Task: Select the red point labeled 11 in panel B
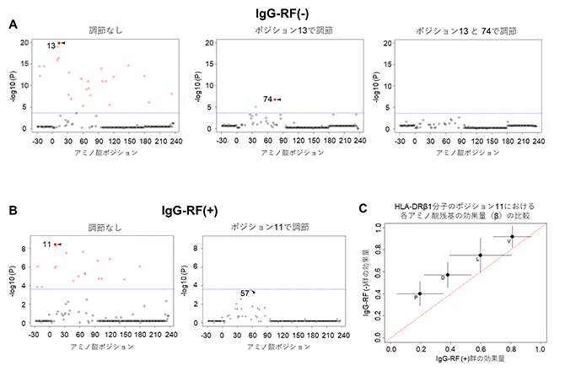click(x=56, y=245)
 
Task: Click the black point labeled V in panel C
click(x=512, y=237)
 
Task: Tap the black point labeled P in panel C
click(x=419, y=293)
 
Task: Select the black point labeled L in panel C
click(x=481, y=255)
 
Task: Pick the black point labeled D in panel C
click(x=448, y=274)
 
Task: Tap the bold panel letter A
click(x=12, y=25)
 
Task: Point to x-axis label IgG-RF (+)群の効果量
click(x=464, y=359)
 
